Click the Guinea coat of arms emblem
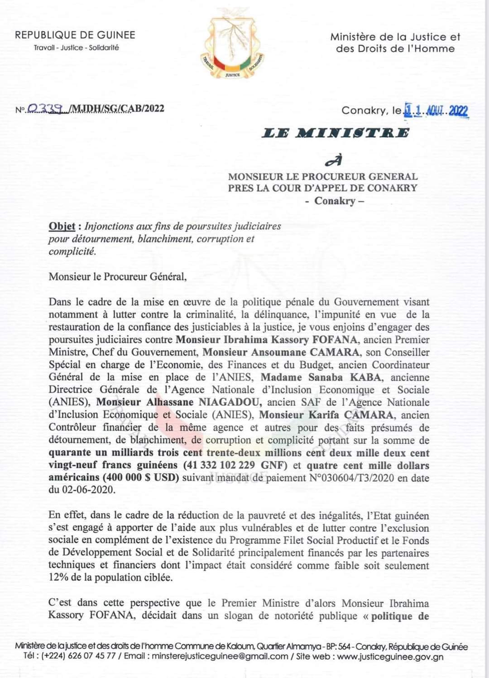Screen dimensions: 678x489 click(233, 48)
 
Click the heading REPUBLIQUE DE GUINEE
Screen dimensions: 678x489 click(75, 35)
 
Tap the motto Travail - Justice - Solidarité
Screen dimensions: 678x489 click(76, 48)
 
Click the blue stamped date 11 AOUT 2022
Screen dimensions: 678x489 click(436, 110)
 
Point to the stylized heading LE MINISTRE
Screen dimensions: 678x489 click(336, 133)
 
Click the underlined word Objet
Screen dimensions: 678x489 click(62, 226)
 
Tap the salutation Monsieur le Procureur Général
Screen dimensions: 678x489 click(117, 276)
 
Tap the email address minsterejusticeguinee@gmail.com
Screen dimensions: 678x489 click(220, 656)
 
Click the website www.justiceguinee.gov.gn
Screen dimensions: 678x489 click(391, 656)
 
